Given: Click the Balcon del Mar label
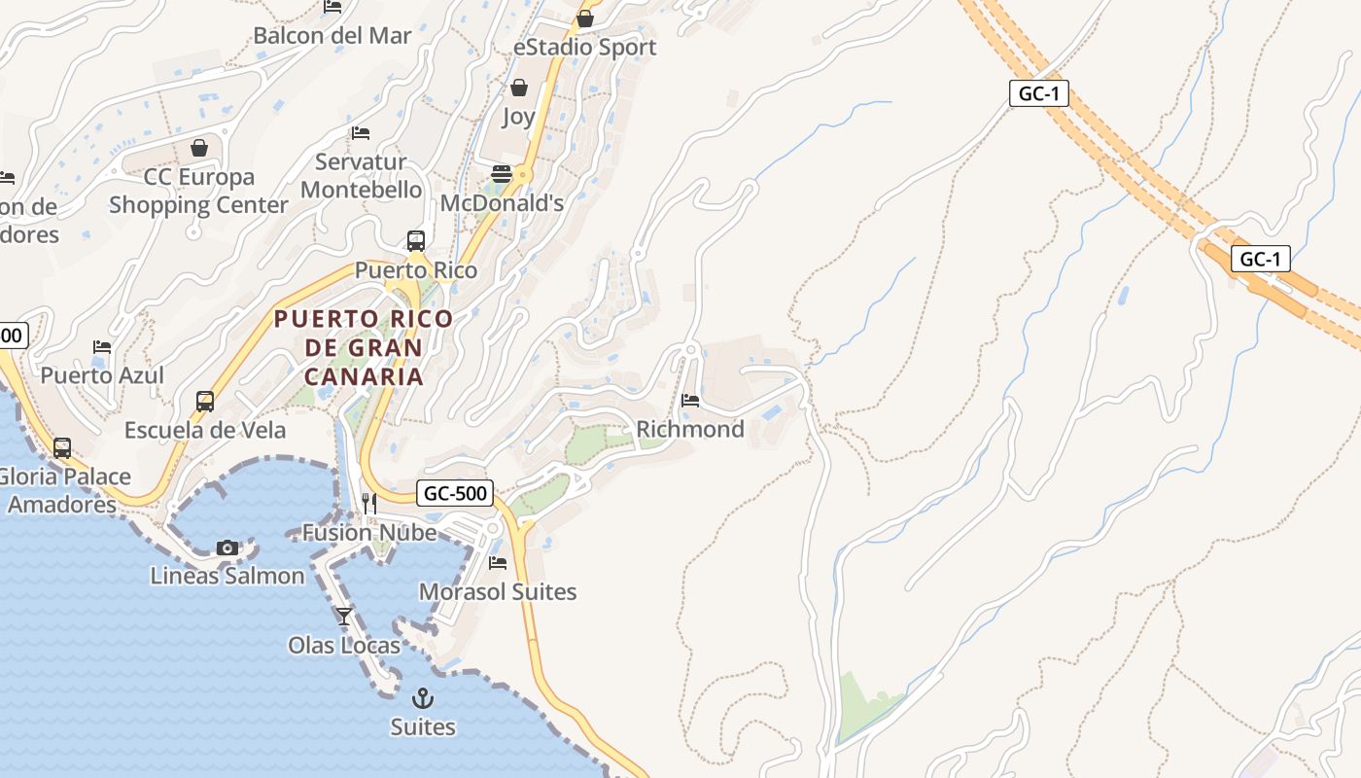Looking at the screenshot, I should point(332,36).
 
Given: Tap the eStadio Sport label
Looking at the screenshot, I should point(584,47).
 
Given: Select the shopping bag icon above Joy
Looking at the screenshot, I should point(519,88).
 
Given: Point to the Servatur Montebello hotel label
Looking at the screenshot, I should point(361,176).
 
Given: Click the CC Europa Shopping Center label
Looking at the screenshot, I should point(198,191).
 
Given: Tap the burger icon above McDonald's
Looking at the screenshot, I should point(502,174).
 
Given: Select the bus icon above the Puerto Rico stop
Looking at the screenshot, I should point(416,240).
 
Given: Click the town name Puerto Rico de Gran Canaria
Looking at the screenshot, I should point(364,347).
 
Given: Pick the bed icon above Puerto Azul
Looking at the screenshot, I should point(102,347).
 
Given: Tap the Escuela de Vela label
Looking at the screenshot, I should point(205,430).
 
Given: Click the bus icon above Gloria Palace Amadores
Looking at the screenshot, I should point(62,448).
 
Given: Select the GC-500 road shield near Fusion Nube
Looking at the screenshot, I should point(455,493).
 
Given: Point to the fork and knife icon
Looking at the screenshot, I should point(369,503).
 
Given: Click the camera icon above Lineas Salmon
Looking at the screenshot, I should point(227,548).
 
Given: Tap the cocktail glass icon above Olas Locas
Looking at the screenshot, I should point(344,616).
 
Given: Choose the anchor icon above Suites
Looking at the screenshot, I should point(423,697).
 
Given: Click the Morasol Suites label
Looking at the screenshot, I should point(498,591).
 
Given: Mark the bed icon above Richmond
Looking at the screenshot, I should point(690,400).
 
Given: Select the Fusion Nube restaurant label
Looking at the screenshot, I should point(368,532).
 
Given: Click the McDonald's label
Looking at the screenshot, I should point(502,203).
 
